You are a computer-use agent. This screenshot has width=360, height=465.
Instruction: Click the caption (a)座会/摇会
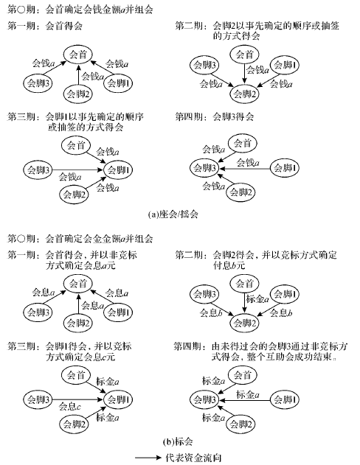coord(173,214)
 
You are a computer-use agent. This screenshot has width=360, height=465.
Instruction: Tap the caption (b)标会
coord(178,442)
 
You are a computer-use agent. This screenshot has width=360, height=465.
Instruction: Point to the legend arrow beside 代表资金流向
coord(148,458)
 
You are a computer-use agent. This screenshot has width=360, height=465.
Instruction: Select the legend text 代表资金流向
coord(193,458)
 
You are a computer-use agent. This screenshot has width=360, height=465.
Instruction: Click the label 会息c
coord(70,406)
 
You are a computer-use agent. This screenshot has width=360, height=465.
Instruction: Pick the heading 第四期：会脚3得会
coord(214,116)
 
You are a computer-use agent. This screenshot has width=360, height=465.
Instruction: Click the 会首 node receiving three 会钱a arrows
coord(78,55)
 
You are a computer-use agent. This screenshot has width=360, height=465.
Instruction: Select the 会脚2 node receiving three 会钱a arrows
coord(245,94)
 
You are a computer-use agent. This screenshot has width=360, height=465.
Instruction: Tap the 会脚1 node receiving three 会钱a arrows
coord(118,170)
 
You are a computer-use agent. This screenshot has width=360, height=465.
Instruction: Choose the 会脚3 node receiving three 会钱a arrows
coord(205,168)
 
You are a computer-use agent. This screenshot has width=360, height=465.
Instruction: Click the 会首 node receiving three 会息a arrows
coord(78,284)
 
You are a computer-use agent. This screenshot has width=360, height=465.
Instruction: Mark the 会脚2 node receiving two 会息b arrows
coord(245,324)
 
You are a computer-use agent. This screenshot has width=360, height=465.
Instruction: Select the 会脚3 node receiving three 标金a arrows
coord(205,399)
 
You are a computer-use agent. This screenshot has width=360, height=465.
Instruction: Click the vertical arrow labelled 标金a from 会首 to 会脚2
coord(244,302)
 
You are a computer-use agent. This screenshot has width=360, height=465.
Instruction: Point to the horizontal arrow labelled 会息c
coord(77,399)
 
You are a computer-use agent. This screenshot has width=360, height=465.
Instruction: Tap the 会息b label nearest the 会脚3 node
coord(211,313)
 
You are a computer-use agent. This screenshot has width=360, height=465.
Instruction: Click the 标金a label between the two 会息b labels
coord(257,299)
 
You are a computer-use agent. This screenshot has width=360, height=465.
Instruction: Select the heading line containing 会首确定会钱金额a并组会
coord(80,10)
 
